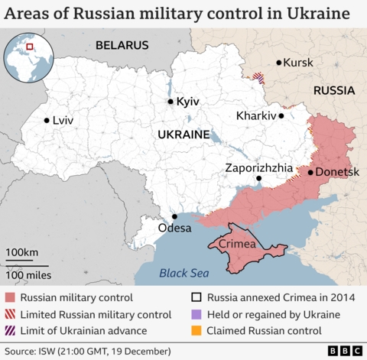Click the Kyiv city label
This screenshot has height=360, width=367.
point(187,102)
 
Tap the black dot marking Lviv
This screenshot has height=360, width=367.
point(47,120)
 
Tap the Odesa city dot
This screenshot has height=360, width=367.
point(174,216)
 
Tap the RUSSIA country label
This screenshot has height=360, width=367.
point(333,90)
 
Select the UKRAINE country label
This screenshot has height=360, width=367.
point(183,135)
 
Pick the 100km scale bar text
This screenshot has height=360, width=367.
point(22,253)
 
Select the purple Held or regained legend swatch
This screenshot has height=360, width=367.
point(196,315)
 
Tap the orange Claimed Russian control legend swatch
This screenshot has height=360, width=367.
point(196,331)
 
